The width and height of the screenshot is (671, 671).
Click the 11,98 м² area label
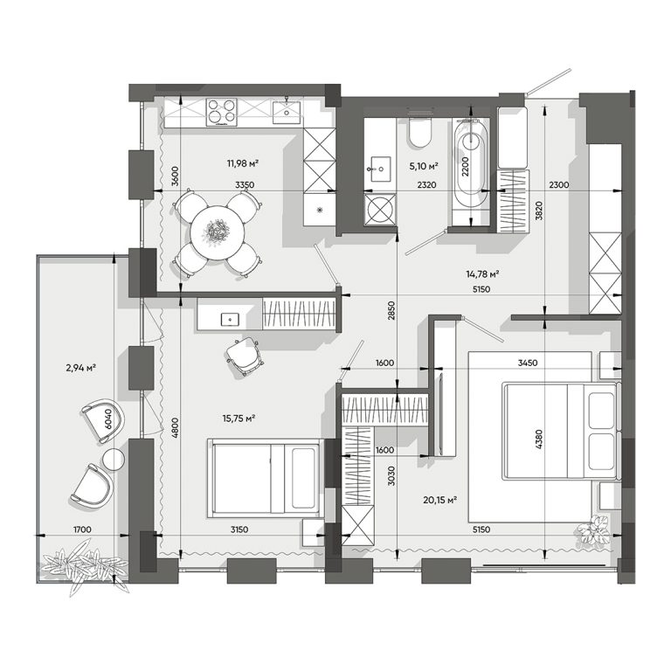click(x=242, y=163)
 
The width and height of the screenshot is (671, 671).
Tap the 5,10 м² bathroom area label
click(x=423, y=166)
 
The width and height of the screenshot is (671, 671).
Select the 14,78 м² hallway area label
click(x=482, y=273)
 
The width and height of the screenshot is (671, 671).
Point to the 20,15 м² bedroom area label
click(x=440, y=500)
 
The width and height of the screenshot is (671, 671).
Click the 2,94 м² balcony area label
click(x=80, y=367)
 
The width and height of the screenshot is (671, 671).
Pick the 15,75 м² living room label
click(x=239, y=418)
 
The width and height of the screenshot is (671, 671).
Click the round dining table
click(x=218, y=232)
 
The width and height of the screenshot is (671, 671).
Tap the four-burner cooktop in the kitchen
click(x=221, y=113)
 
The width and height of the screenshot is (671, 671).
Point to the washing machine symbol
click(x=380, y=210)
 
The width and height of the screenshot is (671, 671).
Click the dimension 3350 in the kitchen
click(x=245, y=185)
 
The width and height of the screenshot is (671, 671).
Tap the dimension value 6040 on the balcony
click(x=107, y=419)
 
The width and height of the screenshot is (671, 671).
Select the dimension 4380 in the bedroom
click(x=539, y=439)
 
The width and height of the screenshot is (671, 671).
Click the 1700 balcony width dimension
click(x=82, y=529)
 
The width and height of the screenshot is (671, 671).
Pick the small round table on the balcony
click(x=114, y=460)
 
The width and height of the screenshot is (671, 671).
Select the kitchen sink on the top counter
click(x=287, y=112)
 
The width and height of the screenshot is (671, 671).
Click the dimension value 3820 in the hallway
click(x=539, y=211)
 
